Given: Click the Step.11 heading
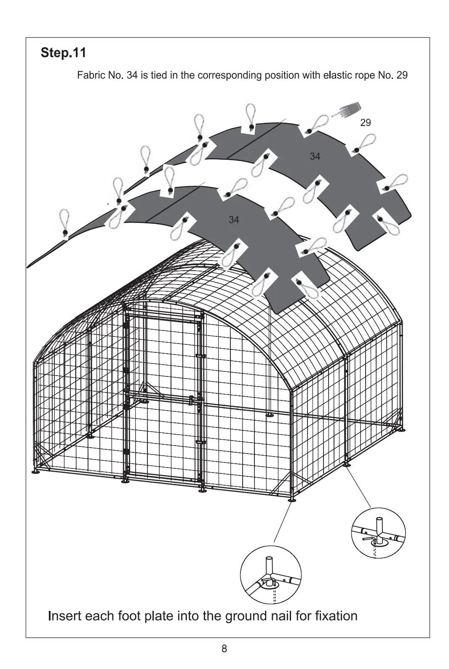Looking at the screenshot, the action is [x=63, y=53].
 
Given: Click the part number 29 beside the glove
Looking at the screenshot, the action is [x=366, y=122].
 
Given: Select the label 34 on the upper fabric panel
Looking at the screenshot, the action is [x=315, y=156].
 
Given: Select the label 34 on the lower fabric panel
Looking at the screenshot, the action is [x=234, y=220].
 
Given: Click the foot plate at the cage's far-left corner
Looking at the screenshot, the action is [x=36, y=472].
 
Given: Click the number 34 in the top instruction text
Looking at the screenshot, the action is [x=132, y=75].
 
